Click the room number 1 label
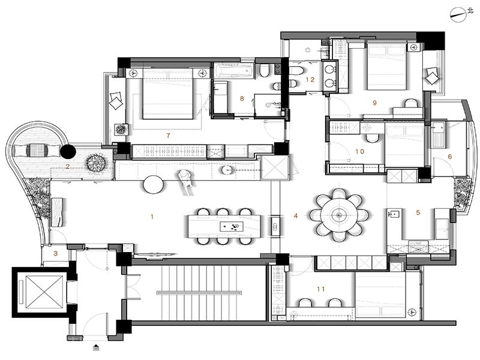[x=152, y=217]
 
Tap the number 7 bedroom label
[x=168, y=136]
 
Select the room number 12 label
[x=310, y=80]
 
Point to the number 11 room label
[x=321, y=289]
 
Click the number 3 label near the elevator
[x=55, y=253]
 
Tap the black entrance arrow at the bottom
[x=96, y=347]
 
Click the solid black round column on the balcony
[x=68, y=152]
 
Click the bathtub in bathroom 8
[x=233, y=70]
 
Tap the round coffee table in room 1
[x=154, y=185]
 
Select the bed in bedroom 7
[x=169, y=94]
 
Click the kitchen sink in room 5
[x=394, y=214]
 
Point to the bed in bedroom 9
[x=387, y=67]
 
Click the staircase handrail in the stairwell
[x=199, y=293]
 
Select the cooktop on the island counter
[x=232, y=227]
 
